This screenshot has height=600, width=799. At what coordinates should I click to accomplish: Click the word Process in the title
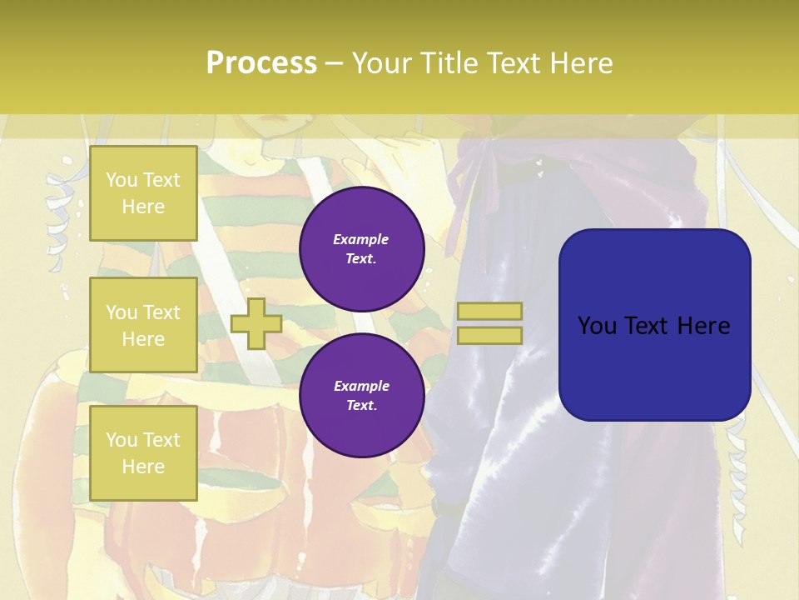click(261, 63)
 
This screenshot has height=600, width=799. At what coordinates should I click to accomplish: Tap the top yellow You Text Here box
click(143, 193)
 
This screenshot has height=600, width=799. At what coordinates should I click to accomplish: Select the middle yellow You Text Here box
click(143, 325)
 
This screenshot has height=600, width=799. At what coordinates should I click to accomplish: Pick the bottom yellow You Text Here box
click(143, 452)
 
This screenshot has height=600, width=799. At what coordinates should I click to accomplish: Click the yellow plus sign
click(256, 323)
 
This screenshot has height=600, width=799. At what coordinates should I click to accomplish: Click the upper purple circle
click(362, 248)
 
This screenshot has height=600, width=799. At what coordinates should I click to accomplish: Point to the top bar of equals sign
click(489, 311)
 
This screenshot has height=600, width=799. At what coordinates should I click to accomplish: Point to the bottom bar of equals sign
click(489, 335)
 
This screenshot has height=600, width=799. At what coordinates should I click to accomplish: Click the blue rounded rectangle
click(654, 324)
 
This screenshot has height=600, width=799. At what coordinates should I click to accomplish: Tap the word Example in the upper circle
click(361, 239)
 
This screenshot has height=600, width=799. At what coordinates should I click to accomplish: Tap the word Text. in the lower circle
click(361, 406)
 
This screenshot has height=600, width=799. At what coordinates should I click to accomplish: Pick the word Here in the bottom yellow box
click(143, 467)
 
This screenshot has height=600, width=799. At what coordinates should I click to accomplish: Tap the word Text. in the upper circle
click(361, 258)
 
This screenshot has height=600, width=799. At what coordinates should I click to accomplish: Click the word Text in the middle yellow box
click(161, 312)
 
